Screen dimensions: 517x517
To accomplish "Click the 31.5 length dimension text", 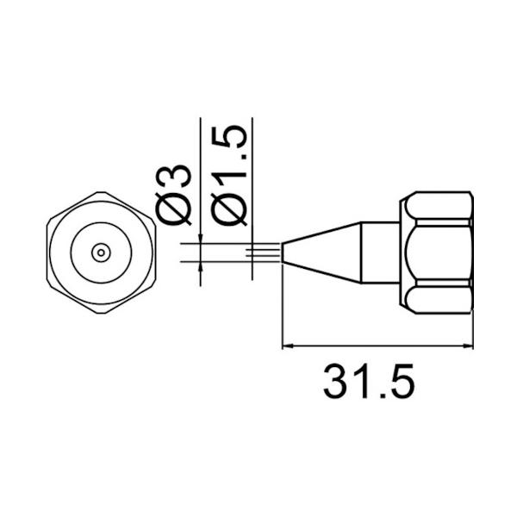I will click(x=369, y=381).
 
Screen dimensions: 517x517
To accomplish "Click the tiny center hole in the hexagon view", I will click(x=101, y=252).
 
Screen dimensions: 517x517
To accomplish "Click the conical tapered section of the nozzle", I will click(x=323, y=252).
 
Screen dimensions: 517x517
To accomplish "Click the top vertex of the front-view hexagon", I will click(x=101, y=192).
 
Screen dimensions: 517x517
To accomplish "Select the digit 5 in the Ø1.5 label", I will click(x=227, y=138).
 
